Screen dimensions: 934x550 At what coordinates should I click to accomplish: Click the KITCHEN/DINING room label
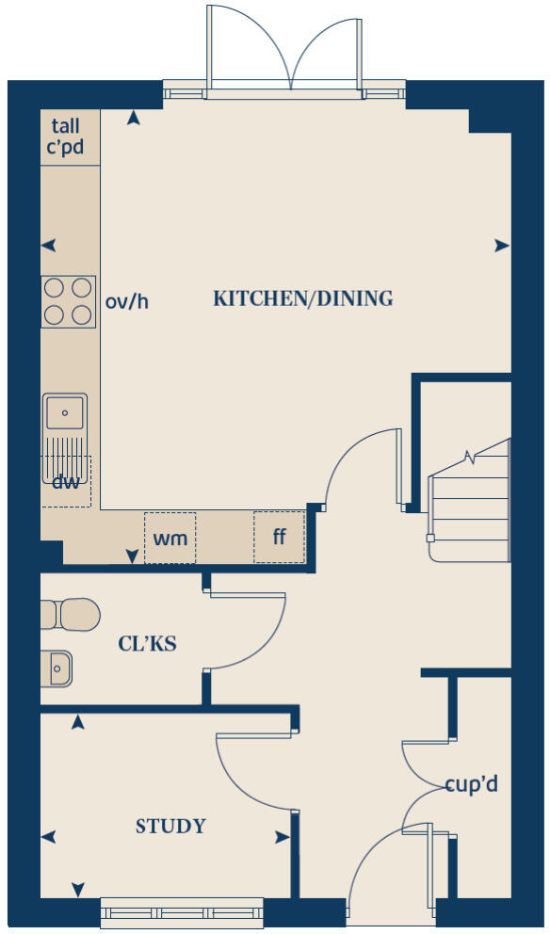pos(302,299)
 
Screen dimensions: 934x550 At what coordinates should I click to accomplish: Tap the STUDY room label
pos(170,827)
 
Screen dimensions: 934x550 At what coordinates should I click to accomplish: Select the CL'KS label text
pos(148,644)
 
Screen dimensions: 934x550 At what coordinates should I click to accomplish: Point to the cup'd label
pos(471,782)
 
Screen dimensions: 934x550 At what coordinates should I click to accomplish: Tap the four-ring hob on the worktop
pos(68,300)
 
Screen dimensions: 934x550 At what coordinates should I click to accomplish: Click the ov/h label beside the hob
pos(127,301)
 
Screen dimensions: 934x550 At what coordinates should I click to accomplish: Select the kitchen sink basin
pos(65,412)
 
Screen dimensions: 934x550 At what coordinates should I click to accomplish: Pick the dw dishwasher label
pos(66,483)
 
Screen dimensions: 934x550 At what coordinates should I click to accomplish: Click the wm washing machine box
pos(170,539)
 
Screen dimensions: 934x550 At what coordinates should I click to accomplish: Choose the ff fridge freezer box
pos(279,538)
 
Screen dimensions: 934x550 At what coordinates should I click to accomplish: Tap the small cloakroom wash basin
pos(57,668)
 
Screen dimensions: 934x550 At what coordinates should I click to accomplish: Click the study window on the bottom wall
pos(182,911)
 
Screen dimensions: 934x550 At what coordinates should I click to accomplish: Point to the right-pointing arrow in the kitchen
pos(501,246)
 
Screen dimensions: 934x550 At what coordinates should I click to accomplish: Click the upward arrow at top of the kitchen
pos(134,118)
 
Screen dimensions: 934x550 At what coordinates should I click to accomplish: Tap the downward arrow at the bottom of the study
pos(78,890)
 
